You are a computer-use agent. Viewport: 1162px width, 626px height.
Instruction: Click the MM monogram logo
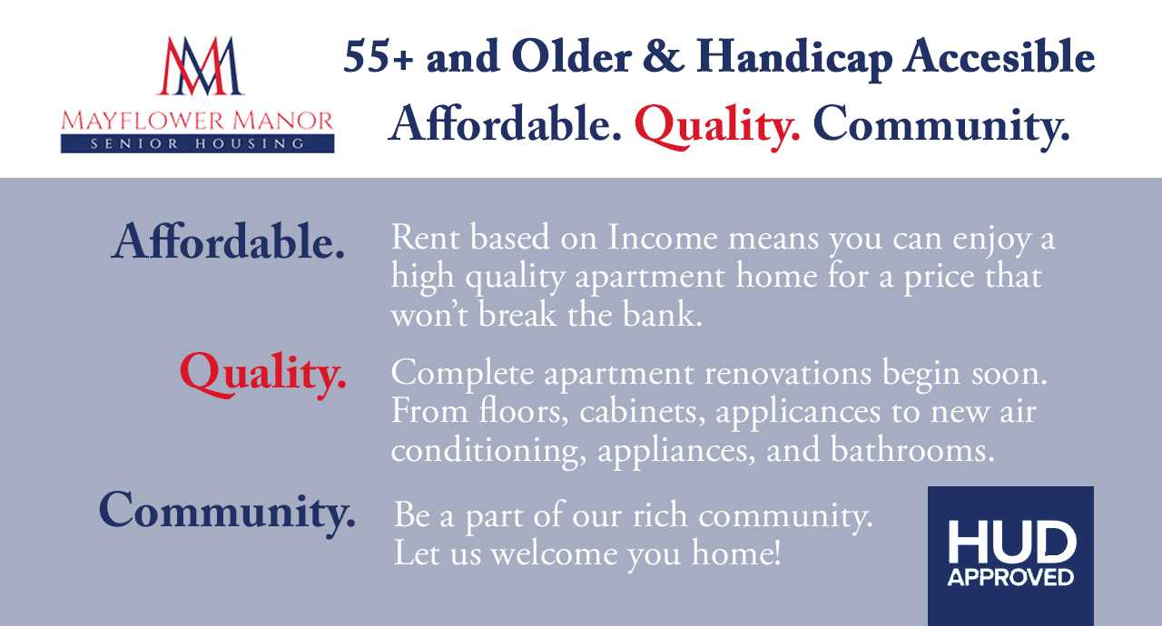point(200,66)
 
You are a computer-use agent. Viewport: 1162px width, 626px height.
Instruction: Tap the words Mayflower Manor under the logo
point(197,121)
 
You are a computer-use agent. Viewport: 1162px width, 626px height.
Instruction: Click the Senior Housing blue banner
point(197,143)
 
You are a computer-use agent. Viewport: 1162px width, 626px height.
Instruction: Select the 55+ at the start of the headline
point(379,57)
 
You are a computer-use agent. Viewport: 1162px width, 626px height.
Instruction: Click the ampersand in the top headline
point(663,56)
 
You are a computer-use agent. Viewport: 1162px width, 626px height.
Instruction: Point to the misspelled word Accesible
point(999,56)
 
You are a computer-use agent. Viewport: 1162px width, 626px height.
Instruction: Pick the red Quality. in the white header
point(717,126)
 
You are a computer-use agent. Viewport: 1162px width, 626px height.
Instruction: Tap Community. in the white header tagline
point(941,126)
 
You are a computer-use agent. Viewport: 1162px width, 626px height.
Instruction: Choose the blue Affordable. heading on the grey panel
point(228,241)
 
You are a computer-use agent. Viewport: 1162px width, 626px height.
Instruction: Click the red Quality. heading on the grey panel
point(263,374)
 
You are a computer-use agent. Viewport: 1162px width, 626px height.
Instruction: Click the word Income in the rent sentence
point(663,238)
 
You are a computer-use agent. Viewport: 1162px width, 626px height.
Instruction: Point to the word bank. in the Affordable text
point(663,315)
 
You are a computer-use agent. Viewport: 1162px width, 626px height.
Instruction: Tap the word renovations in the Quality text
point(787,373)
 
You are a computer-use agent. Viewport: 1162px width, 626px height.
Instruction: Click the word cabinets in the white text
point(642,413)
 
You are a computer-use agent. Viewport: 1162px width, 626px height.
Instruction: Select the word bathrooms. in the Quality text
point(912,450)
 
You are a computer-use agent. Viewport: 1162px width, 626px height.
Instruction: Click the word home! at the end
point(736,553)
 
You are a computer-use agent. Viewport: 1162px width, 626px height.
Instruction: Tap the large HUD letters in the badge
point(1011,542)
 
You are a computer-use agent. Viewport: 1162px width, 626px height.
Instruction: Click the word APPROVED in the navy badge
point(1010,577)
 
